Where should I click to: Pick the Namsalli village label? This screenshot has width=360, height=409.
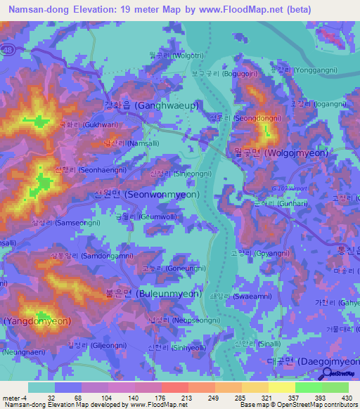pyautogui.click(x=125, y=143)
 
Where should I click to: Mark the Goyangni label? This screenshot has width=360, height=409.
pyautogui.click(x=254, y=253)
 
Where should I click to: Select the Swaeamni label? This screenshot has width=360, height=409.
pyautogui.click(x=247, y=296)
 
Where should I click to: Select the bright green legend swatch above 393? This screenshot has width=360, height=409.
pyautogui.click(x=308, y=387)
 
